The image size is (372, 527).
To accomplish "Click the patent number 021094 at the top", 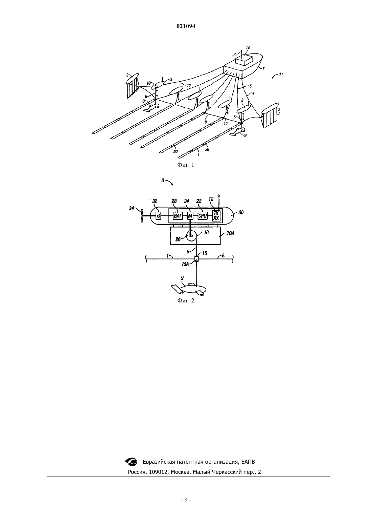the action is (186, 26).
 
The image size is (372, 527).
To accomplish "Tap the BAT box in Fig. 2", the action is (178, 216).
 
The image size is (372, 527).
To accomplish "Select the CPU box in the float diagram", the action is (203, 216).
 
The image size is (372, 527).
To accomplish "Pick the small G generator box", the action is (159, 215).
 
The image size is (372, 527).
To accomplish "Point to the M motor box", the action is (190, 216).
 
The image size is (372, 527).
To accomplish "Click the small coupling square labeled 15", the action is (196, 259).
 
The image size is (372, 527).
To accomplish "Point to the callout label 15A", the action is (185, 264).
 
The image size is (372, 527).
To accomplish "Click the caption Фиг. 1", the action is (186, 165).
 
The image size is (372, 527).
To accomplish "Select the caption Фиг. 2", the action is (186, 300).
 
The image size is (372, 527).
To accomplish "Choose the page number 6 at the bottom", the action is (186, 501).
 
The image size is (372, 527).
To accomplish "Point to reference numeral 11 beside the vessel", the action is (281, 75).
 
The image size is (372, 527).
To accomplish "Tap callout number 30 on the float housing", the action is (241, 212).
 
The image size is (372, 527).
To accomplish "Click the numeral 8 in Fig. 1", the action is (206, 122).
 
